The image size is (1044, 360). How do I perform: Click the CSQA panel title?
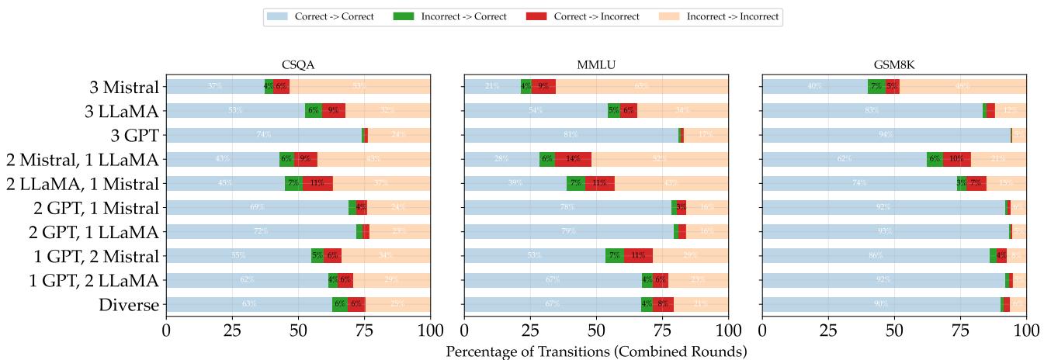(298, 67)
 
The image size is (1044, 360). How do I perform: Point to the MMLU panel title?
(596, 67)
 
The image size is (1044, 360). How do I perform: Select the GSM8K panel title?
(894, 67)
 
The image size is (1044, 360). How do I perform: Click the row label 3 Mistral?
(124, 87)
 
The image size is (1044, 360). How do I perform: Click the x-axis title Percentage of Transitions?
(596, 351)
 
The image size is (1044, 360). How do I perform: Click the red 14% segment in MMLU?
(573, 159)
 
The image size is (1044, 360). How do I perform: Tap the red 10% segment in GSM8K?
(956, 159)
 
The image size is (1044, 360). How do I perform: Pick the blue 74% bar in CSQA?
(264, 135)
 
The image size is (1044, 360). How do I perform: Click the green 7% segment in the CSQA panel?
(293, 183)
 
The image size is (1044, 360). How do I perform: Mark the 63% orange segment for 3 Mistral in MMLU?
(642, 87)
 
